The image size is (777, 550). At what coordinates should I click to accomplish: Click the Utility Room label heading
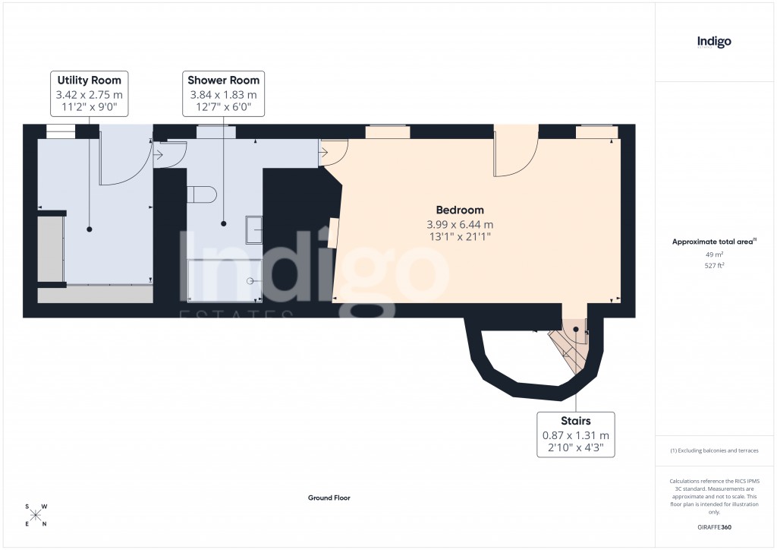(x=90, y=80)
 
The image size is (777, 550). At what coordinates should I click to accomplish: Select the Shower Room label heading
(x=223, y=80)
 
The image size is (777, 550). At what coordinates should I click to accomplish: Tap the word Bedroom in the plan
(x=459, y=210)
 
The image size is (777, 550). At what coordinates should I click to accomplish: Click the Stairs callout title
(x=575, y=420)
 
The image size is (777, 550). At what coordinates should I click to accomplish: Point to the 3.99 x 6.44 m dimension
(x=459, y=224)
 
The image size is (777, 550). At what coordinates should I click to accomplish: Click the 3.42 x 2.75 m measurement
(x=90, y=94)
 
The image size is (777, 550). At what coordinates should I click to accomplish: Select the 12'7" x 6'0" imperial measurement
(x=223, y=108)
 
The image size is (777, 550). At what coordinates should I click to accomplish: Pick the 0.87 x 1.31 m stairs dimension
(x=575, y=435)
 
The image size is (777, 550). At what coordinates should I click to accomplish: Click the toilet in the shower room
(x=203, y=194)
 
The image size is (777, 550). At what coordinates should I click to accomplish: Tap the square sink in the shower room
(x=253, y=226)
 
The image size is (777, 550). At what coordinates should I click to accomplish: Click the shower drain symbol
(x=250, y=280)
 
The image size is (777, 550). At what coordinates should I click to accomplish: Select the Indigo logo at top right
(x=714, y=42)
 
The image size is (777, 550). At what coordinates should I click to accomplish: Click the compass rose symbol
(x=36, y=515)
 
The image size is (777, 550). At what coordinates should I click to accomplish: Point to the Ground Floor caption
(x=329, y=498)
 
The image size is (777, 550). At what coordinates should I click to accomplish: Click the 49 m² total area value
(x=713, y=254)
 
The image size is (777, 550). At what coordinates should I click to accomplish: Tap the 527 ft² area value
(x=713, y=265)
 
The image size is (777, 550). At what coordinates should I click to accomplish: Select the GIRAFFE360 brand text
(x=714, y=527)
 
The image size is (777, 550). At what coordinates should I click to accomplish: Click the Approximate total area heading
(x=713, y=242)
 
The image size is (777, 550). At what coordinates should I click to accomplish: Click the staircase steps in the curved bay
(x=568, y=346)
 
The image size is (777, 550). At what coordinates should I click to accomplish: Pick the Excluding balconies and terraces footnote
(x=714, y=450)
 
